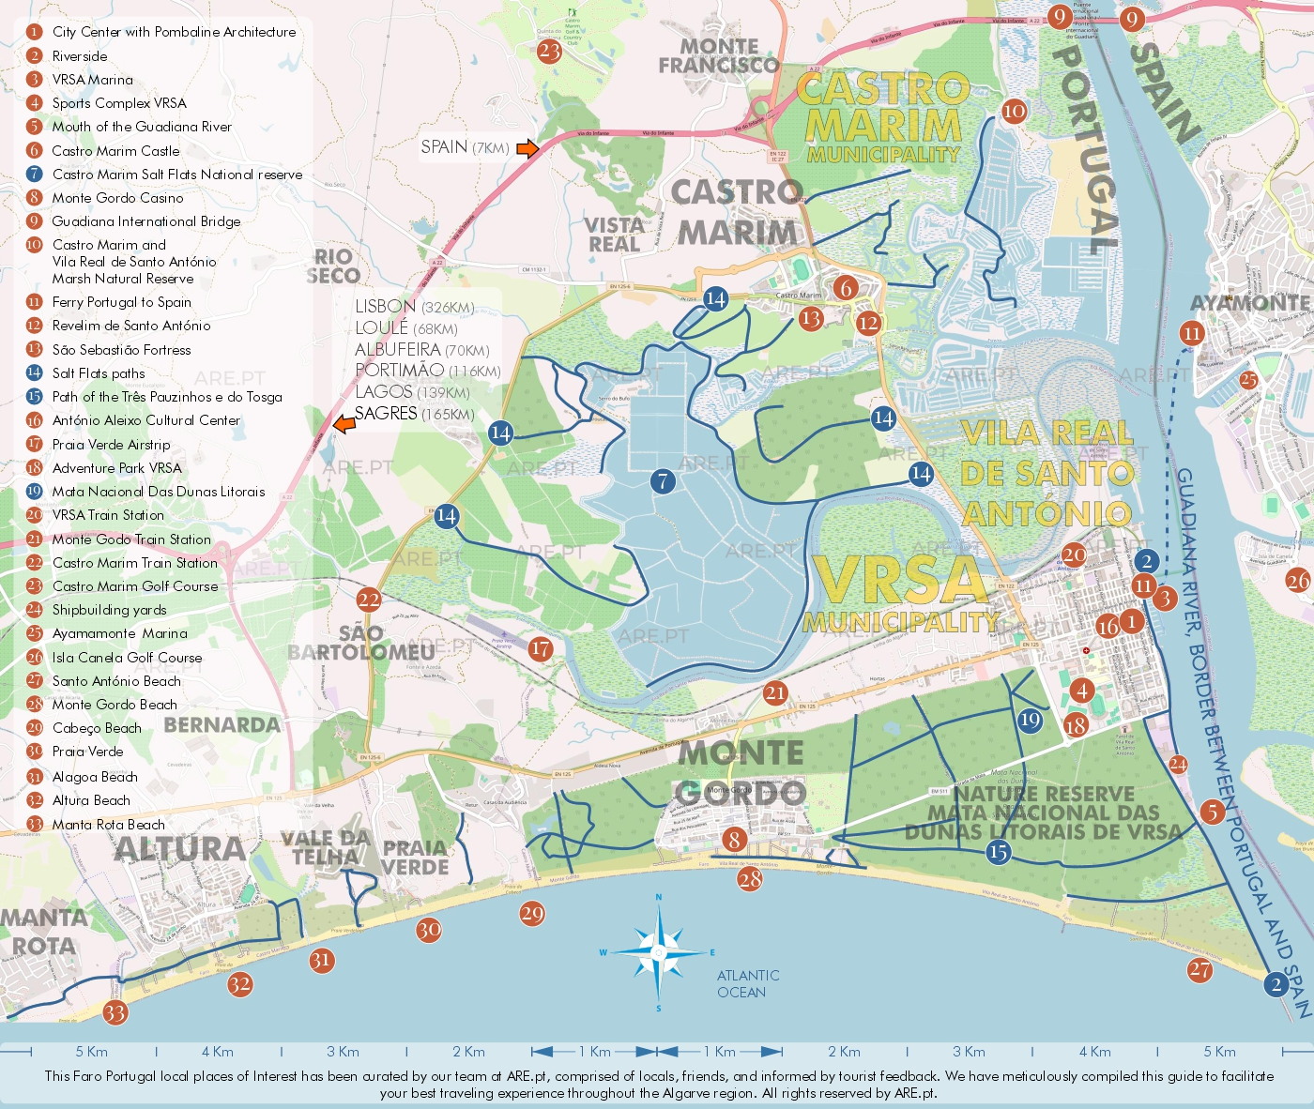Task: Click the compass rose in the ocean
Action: click(x=659, y=952)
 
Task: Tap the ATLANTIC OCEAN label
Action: click(x=748, y=984)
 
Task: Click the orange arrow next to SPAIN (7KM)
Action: click(x=528, y=148)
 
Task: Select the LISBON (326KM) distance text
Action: click(x=414, y=307)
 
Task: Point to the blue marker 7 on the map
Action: click(x=663, y=481)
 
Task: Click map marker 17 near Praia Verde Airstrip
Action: click(x=541, y=648)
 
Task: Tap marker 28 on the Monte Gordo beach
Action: click(x=750, y=879)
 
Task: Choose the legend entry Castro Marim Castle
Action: click(x=115, y=151)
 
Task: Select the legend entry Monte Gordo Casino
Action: click(x=117, y=198)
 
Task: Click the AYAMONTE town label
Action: click(x=1249, y=303)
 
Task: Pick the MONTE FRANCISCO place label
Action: click(x=719, y=55)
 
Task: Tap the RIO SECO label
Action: click(x=333, y=266)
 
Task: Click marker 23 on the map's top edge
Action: click(x=549, y=51)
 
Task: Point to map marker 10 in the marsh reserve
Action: click(x=1014, y=111)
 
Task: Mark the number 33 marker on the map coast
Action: click(x=115, y=1013)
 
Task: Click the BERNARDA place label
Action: click(x=222, y=725)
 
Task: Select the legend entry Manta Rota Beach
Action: click(x=108, y=825)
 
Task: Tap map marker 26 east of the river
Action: click(x=1298, y=581)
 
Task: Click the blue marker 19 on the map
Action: click(x=1030, y=720)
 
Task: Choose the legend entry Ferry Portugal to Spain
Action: click(x=121, y=302)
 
